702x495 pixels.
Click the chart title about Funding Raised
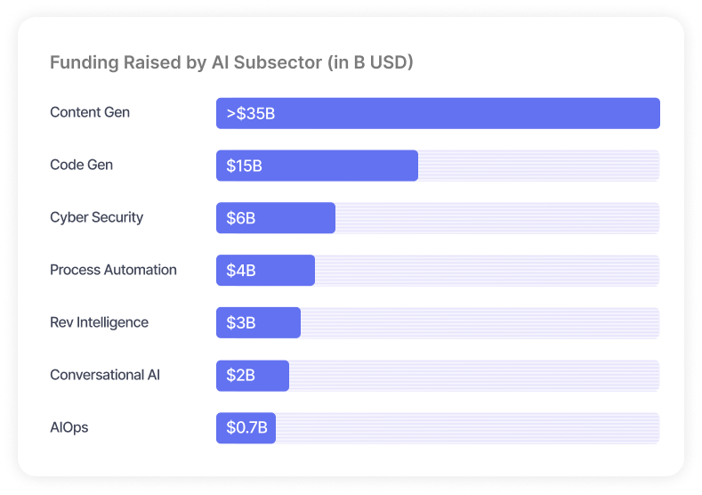click(231, 63)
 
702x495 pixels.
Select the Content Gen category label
click(90, 112)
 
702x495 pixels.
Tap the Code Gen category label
click(82, 165)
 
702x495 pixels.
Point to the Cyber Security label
click(96, 217)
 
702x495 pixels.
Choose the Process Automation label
click(113, 270)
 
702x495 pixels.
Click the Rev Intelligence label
click(99, 322)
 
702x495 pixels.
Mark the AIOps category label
click(69, 427)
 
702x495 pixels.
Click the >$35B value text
click(250, 113)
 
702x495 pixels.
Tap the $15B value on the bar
click(244, 166)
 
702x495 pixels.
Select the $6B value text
click(240, 218)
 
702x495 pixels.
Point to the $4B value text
click(240, 271)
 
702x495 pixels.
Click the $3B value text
click(240, 323)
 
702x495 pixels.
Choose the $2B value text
click(240, 376)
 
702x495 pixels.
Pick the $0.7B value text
click(246, 428)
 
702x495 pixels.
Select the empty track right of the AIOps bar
click(467, 428)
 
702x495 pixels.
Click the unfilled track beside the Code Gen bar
click(538, 166)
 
